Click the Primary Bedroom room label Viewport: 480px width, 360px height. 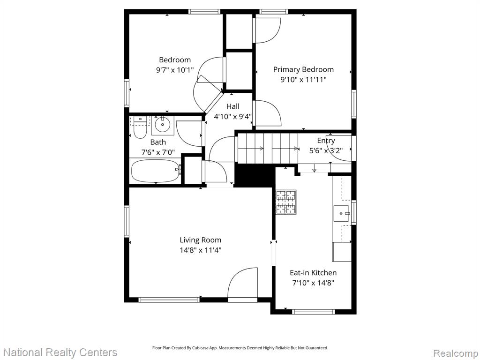coord(303,69)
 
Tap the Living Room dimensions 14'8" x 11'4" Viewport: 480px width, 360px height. coord(200,250)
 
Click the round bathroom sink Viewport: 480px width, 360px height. coord(163,125)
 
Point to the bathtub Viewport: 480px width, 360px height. coord(156,171)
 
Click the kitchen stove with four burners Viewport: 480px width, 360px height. coord(286,202)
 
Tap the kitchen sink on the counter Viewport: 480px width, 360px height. coord(342,213)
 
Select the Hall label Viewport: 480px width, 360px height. coord(233,106)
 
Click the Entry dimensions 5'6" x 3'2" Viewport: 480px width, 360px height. coord(326,150)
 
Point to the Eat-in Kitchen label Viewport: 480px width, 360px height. coord(313,272)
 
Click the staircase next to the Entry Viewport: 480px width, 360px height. coord(266,148)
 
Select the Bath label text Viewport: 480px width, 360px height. coord(158,142)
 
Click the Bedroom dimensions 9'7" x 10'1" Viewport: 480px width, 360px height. coord(175,70)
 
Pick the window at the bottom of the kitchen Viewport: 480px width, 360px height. coord(313,312)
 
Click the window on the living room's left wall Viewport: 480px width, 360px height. coord(127,221)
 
